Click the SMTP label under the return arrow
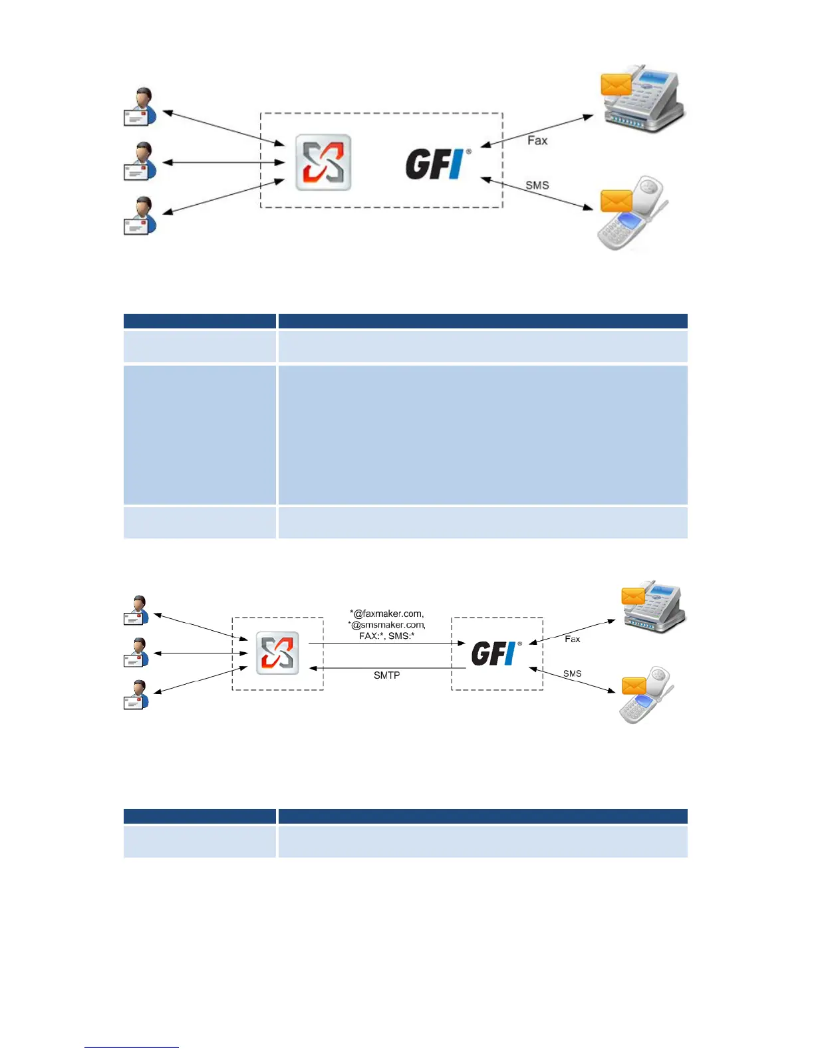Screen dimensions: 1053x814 [x=386, y=675]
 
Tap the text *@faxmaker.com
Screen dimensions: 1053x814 [x=387, y=614]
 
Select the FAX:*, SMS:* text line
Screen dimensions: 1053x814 [x=387, y=636]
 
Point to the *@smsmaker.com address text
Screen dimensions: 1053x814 [x=387, y=625]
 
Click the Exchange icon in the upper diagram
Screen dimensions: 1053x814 [x=323, y=163]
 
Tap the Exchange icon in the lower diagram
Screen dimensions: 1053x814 [x=277, y=653]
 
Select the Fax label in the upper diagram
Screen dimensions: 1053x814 [x=537, y=140]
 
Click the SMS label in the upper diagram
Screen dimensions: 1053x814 [x=537, y=185]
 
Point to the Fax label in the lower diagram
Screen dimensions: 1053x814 [x=572, y=639]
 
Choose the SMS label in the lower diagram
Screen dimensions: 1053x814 [x=572, y=673]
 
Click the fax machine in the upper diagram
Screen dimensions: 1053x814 [x=645, y=100]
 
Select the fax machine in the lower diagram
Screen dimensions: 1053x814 [x=655, y=608]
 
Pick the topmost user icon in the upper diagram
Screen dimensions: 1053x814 [x=140, y=106]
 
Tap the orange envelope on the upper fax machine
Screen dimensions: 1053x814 [x=616, y=85]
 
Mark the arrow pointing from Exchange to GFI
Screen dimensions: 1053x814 [x=386, y=643]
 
